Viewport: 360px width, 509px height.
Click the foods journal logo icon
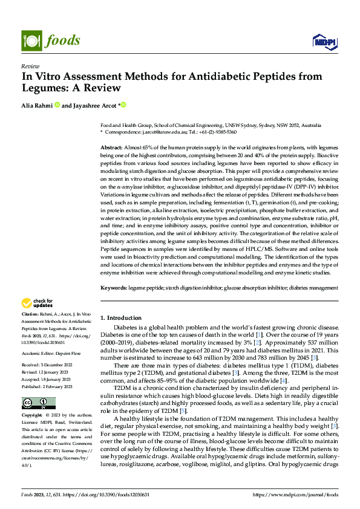pyautogui.click(x=31, y=41)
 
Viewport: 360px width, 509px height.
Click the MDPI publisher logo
pyautogui.click(x=323, y=41)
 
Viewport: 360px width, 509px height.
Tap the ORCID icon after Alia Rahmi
pyautogui.click(x=57, y=105)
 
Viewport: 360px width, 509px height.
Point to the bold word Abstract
pyautogui.click(x=112, y=148)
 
